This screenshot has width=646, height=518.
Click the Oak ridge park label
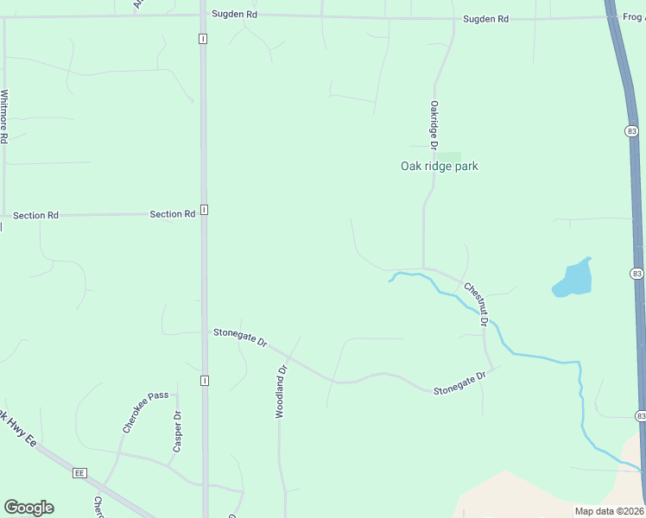[439, 167]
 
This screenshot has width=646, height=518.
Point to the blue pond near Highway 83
[573, 279]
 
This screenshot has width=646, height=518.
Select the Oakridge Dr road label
[434, 124]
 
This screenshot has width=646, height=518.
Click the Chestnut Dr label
[476, 304]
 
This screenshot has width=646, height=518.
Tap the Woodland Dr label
[280, 391]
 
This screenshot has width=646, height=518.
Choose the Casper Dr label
[177, 431]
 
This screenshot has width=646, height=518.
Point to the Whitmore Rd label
[5, 116]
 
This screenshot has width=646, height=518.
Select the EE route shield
[79, 473]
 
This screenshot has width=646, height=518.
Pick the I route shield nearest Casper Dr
[204, 380]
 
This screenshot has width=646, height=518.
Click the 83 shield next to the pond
[636, 273]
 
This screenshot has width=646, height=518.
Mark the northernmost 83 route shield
[633, 129]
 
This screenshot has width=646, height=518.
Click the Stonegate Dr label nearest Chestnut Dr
[461, 382]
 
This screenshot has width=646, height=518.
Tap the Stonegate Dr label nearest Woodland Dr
[240, 337]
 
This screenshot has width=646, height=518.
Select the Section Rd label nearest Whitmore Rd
[35, 215]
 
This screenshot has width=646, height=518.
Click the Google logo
[28, 508]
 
